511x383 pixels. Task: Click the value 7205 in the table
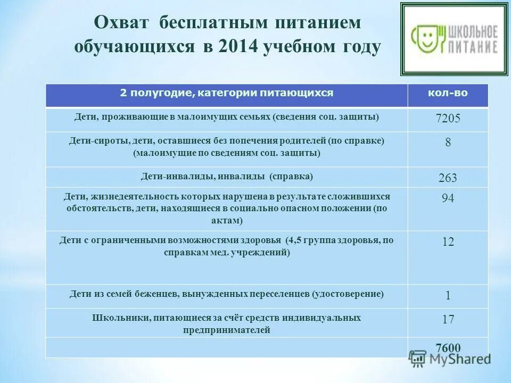click(x=447, y=119)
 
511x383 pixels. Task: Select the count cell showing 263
click(x=448, y=178)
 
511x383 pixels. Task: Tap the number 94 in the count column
click(x=448, y=198)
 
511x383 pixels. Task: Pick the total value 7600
click(x=448, y=348)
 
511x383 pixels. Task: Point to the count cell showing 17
click(x=448, y=319)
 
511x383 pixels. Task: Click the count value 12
click(x=448, y=242)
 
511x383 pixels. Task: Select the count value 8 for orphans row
click(x=448, y=143)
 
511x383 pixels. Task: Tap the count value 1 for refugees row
click(x=448, y=295)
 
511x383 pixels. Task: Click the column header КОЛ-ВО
click(x=448, y=93)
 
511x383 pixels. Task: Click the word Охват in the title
click(x=122, y=23)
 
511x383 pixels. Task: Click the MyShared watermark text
click(x=460, y=359)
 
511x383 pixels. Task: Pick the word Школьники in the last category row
click(x=120, y=318)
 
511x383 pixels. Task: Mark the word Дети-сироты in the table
click(x=90, y=141)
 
